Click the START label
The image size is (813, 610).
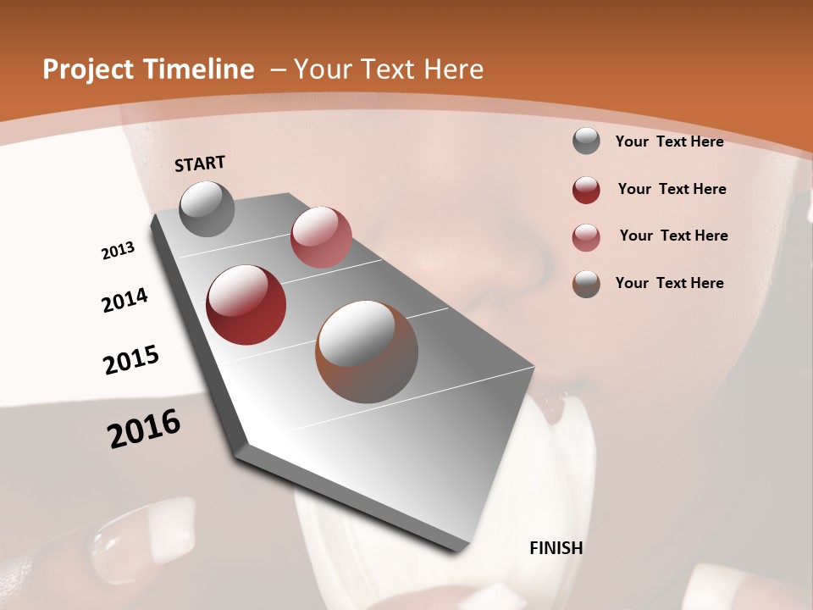[x=200, y=164]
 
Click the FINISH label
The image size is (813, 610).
[x=556, y=548]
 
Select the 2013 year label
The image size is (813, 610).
[x=119, y=251]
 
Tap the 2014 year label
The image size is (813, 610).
[x=125, y=300]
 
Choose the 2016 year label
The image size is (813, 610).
[x=144, y=428]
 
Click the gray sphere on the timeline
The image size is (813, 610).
[x=207, y=208]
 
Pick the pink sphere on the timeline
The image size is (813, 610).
[x=321, y=237]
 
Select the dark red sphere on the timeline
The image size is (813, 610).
[x=246, y=305]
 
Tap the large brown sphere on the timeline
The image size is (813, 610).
[x=367, y=352]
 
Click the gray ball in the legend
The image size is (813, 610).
[x=586, y=141]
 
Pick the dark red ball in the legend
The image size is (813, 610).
[x=586, y=190]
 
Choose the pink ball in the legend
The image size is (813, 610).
[x=586, y=237]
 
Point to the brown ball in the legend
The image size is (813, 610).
[x=586, y=284]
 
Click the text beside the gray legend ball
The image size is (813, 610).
[x=669, y=141]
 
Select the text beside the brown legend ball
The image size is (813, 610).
[x=669, y=283]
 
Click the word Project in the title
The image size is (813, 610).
[x=88, y=69]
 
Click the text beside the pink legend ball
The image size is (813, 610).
[x=673, y=236]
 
